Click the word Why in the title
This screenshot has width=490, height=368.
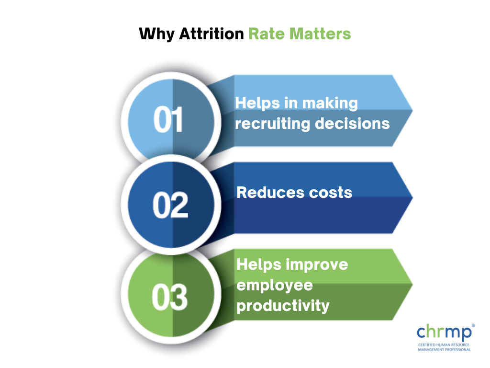click(156, 34)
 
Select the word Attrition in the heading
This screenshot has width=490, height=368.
click(212, 34)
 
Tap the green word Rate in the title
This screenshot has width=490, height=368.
click(267, 34)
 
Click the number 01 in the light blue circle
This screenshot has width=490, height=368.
click(168, 119)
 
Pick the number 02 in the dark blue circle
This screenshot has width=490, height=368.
click(171, 205)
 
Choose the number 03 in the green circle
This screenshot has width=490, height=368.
click(170, 297)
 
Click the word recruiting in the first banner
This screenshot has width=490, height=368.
click(272, 124)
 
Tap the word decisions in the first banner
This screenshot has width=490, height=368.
click(352, 123)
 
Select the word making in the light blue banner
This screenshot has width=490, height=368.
click(330, 103)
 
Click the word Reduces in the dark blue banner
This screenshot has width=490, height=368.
click(270, 192)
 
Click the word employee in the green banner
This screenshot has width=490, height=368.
click(275, 286)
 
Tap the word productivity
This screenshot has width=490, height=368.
click(283, 306)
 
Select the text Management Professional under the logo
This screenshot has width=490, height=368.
click(444, 349)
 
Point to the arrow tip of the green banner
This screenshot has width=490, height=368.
click(412, 284)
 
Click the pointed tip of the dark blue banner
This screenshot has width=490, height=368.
click(412, 197)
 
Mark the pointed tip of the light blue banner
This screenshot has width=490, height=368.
click(412, 110)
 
